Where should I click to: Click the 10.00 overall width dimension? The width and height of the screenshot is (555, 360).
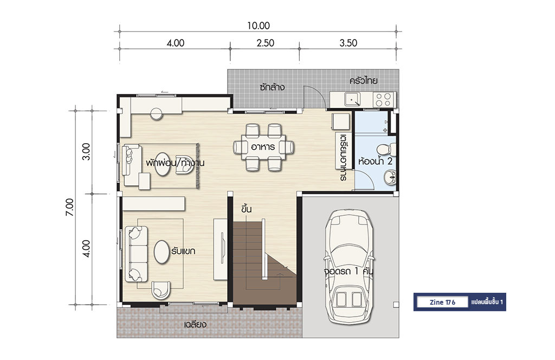(x=259, y=26)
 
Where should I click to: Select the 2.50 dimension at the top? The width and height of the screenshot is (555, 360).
(x=265, y=43)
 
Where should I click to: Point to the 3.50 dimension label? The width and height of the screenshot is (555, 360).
(x=349, y=43)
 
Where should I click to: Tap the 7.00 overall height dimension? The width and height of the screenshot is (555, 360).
(x=70, y=207)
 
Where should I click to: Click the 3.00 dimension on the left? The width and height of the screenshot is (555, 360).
(x=86, y=151)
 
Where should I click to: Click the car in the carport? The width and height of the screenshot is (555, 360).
(x=349, y=266)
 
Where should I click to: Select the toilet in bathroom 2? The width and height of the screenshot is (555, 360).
(x=386, y=150)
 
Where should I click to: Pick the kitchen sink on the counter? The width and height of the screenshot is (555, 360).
(x=352, y=99)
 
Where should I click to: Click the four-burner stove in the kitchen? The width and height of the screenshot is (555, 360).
(x=384, y=99)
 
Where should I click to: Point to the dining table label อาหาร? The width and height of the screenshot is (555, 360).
(x=263, y=147)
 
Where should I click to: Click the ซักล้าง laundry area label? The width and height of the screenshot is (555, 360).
(x=272, y=87)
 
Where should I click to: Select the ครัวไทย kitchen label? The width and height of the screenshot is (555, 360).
(x=364, y=81)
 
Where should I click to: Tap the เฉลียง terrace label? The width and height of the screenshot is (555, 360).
(x=195, y=324)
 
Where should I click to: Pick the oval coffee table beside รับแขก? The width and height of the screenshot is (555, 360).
(x=162, y=252)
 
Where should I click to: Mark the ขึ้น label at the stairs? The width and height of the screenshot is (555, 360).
(x=247, y=209)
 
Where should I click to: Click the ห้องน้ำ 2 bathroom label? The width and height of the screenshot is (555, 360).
(x=375, y=162)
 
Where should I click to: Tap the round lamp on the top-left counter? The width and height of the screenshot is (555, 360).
(x=156, y=114)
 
